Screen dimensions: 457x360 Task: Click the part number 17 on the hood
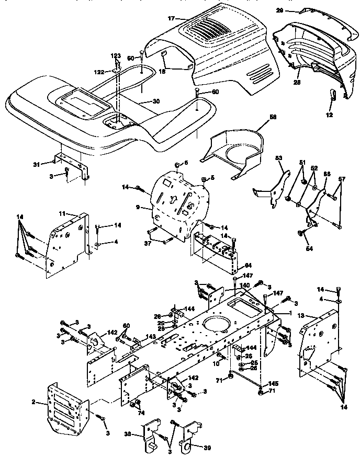pyautogui.click(x=171, y=18)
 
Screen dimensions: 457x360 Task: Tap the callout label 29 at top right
pyautogui.click(x=280, y=10)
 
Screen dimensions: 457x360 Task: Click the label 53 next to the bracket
pyautogui.click(x=278, y=157)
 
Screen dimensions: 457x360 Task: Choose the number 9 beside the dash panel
pyautogui.click(x=138, y=207)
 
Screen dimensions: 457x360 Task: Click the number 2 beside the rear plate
pyautogui.click(x=34, y=402)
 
